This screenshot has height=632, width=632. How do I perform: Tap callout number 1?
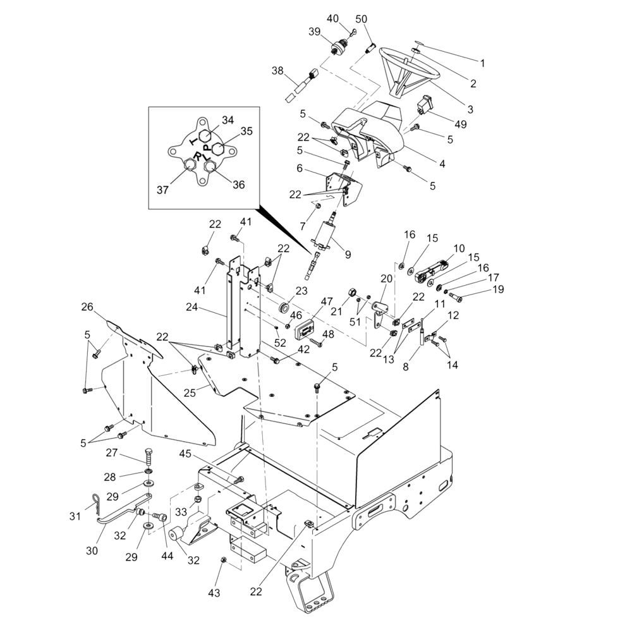coord(482,63)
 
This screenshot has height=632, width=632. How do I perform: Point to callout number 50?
coord(361,18)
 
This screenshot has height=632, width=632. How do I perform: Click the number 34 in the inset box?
coord(228,119)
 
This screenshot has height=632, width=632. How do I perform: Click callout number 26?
coord(87,308)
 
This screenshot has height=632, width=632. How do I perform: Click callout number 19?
coord(499,290)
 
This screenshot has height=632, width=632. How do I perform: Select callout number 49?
coord(461,125)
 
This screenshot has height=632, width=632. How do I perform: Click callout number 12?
coord(453,315)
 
